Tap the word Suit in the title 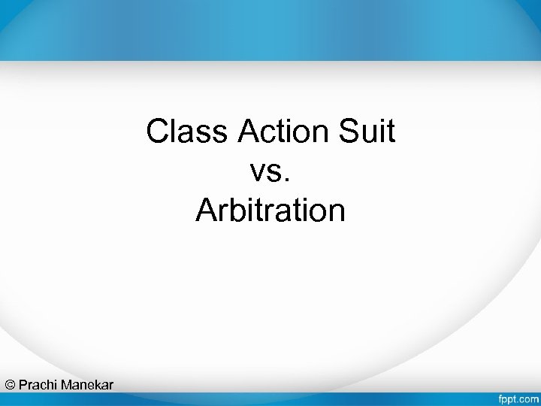(x=368, y=132)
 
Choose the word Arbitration (x=270, y=211)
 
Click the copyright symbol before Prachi (x=10, y=385)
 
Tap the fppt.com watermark (x=518, y=397)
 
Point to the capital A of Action (x=249, y=132)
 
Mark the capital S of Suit (x=349, y=132)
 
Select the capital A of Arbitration (x=206, y=211)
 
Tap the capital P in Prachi (x=23, y=385)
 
